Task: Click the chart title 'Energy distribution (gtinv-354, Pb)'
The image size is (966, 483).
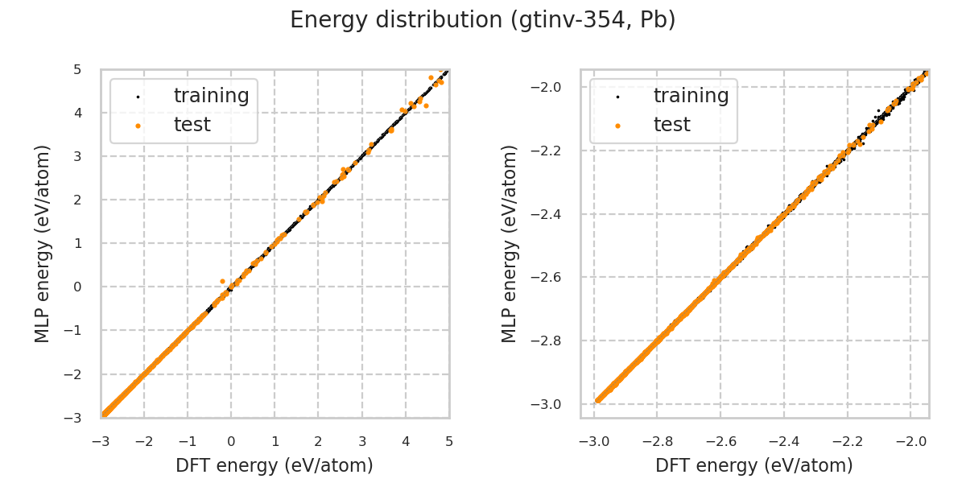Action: (x=483, y=20)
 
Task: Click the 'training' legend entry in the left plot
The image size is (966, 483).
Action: (x=211, y=96)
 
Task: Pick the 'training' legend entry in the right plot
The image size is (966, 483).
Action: (x=691, y=96)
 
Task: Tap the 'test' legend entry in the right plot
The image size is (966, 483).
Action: (x=671, y=125)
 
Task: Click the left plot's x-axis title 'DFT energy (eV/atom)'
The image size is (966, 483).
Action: (x=275, y=465)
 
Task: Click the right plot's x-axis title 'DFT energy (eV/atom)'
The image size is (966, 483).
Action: (x=754, y=465)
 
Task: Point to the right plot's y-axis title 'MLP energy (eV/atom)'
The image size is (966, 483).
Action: (x=510, y=243)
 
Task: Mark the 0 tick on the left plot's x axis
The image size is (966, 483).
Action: (x=231, y=441)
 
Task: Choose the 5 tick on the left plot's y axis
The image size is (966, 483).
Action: (x=76, y=69)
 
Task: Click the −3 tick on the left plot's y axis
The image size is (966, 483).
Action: (x=73, y=418)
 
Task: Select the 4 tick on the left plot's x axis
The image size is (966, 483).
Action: (x=406, y=441)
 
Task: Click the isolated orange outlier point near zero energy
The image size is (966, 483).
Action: (x=222, y=281)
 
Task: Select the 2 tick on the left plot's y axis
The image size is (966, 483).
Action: (x=76, y=200)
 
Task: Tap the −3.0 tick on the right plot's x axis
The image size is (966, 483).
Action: (x=593, y=441)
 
